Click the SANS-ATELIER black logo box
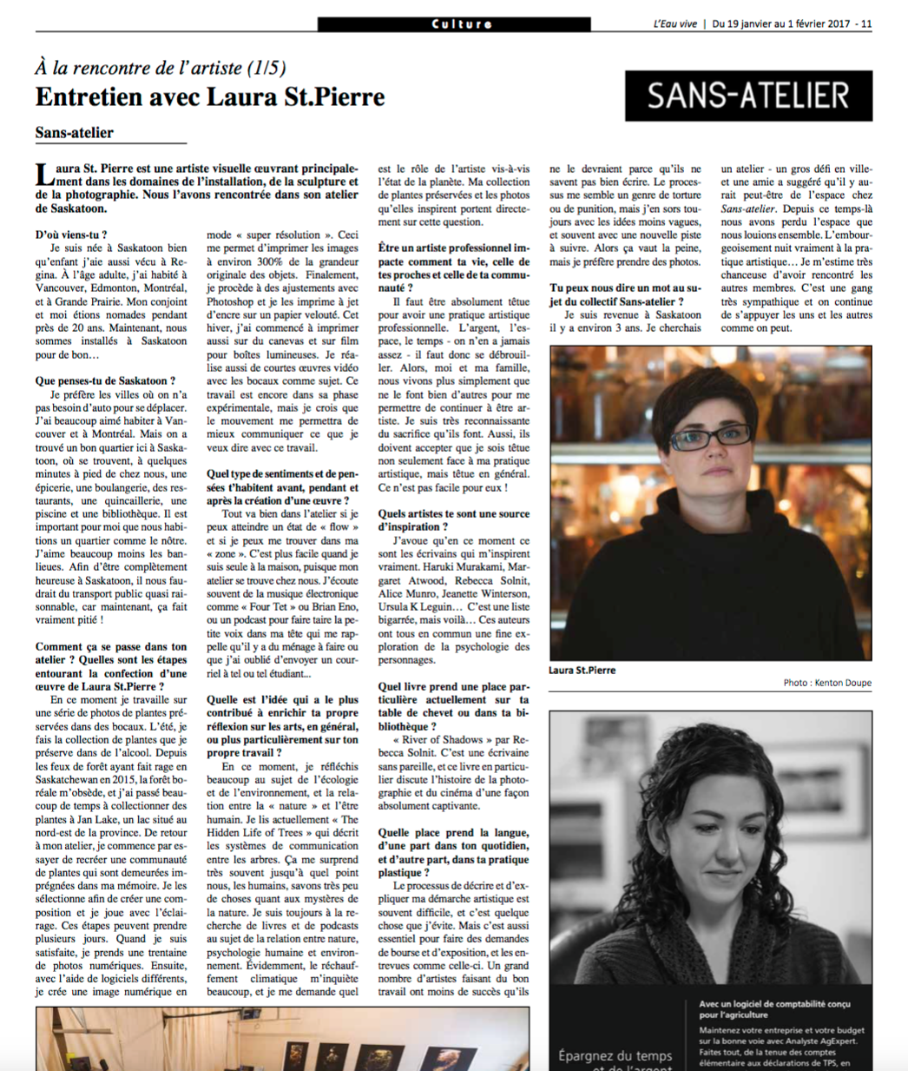pos(748,96)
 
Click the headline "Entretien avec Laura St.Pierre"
pos(210,96)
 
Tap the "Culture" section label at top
pos(462,24)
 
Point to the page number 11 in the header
pos(865,24)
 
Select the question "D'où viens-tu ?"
pos(72,235)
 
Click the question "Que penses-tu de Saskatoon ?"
pos(105,380)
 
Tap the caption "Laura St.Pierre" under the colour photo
pos(582,671)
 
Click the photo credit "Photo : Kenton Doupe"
pos(826,683)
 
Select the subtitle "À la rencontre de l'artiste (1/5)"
pos(161,68)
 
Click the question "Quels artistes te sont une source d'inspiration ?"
pos(453,519)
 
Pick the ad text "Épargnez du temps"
pos(615,1055)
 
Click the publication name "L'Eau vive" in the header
pos(675,24)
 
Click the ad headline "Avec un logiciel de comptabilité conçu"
pos(774,1004)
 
